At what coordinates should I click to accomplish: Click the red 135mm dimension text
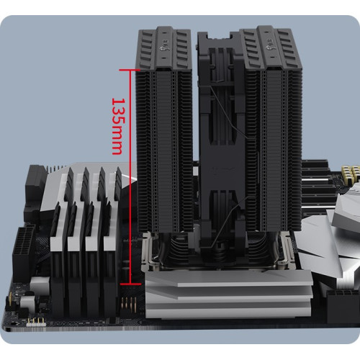tap(118, 126)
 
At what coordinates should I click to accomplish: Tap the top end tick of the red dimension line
tap(130, 70)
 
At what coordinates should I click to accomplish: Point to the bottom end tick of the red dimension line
tap(130, 284)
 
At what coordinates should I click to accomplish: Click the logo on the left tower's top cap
tap(165, 48)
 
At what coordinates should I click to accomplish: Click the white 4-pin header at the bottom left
tap(36, 323)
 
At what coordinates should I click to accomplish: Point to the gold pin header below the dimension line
tap(129, 305)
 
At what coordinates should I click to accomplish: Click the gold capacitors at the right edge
tap(351, 171)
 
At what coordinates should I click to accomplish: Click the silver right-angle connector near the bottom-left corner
tap(28, 304)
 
